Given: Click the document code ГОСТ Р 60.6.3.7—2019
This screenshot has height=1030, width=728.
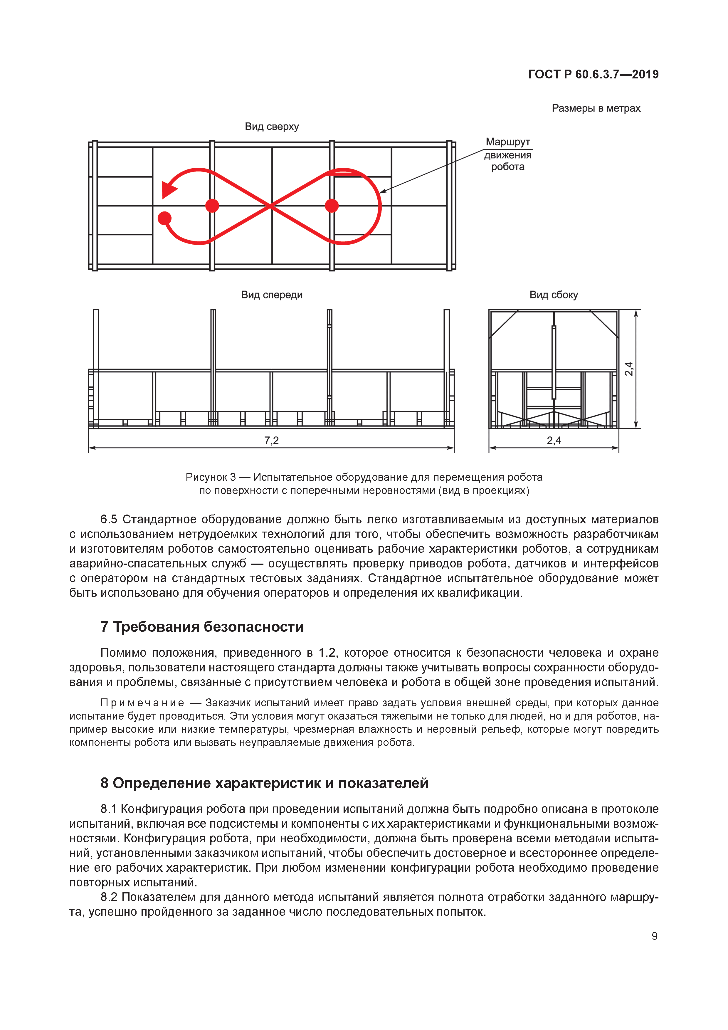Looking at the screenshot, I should (x=593, y=75).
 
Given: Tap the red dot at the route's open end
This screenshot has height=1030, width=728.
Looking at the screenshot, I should (x=165, y=218).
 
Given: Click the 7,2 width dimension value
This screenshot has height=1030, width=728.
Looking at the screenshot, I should (x=271, y=441).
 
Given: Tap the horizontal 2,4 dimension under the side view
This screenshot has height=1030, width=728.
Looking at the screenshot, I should (x=554, y=441).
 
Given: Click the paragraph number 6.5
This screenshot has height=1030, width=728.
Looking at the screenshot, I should (x=109, y=520).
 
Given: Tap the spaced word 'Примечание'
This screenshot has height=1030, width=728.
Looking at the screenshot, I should (x=142, y=703).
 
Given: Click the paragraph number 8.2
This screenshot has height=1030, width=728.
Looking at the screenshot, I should (x=109, y=897).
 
